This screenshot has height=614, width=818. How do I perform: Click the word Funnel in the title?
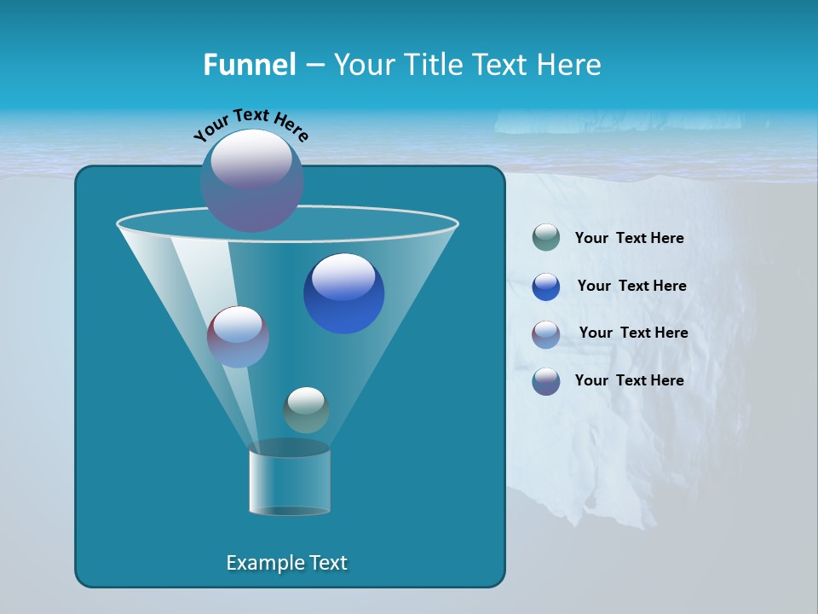[x=249, y=65]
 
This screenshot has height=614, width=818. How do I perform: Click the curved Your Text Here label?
[x=251, y=124]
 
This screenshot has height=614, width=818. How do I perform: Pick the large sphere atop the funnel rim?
[x=251, y=180]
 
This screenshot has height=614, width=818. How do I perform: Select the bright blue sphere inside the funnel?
[x=343, y=293]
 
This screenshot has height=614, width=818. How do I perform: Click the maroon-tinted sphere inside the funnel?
[x=238, y=336]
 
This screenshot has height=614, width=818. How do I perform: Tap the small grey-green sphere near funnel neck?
[x=306, y=409]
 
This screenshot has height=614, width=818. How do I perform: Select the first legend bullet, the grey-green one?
[x=546, y=238]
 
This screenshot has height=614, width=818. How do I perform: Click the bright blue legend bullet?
[x=546, y=287]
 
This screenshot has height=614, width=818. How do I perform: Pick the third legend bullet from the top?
[x=546, y=334]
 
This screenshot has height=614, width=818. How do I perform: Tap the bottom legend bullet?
[x=546, y=381]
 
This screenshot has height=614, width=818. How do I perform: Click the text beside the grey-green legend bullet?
[x=629, y=238]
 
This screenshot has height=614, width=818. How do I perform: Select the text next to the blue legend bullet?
[x=631, y=286]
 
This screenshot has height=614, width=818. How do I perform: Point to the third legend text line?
[x=633, y=333]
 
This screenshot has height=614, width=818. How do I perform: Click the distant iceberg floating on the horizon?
[x=618, y=123]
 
